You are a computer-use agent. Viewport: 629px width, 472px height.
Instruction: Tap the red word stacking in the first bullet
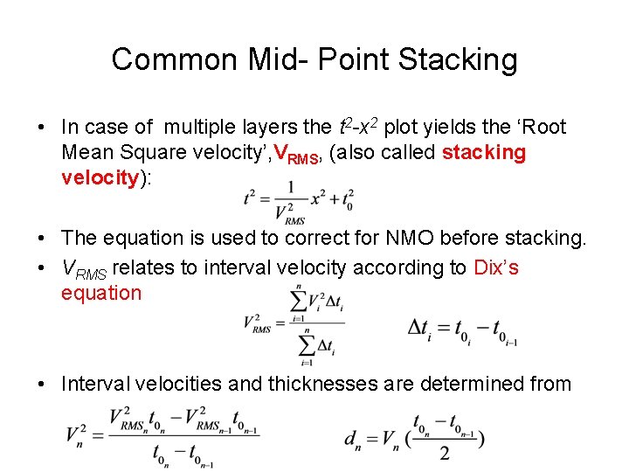[x=484, y=153]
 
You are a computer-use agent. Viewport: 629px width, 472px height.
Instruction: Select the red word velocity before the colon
[x=100, y=178]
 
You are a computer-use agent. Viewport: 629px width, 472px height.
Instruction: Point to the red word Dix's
[x=496, y=267]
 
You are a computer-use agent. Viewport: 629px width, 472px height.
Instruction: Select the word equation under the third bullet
[x=100, y=293]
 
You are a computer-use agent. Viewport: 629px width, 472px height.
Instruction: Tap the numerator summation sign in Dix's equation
[x=298, y=302]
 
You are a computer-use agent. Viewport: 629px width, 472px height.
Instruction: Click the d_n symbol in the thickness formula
[x=354, y=436]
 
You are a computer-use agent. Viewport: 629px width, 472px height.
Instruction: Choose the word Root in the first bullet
[x=545, y=128]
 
